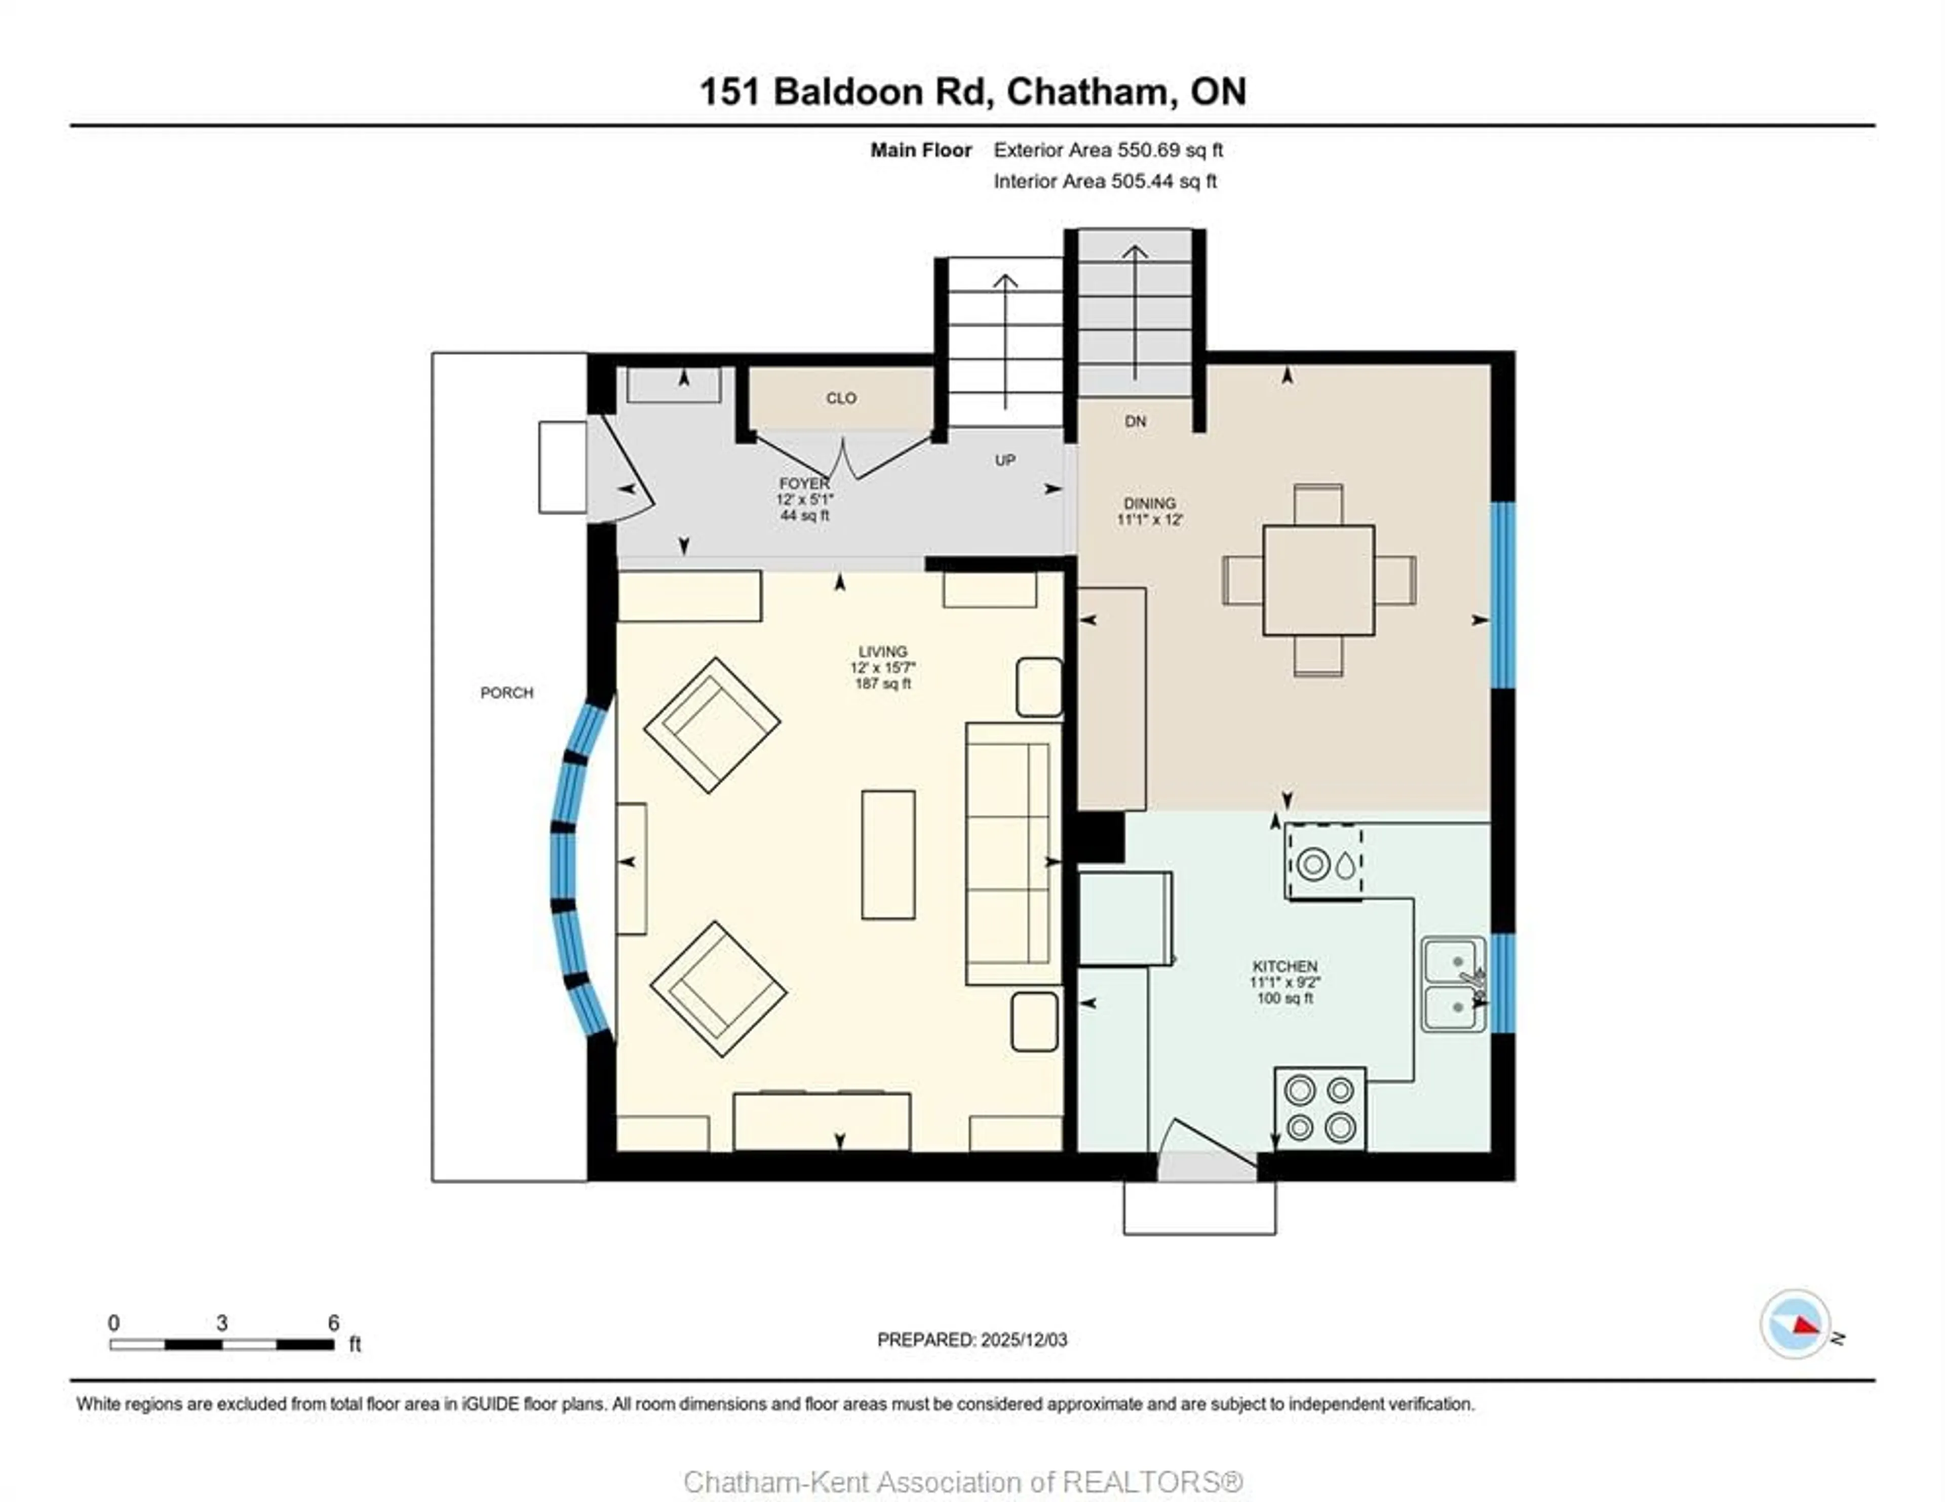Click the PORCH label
coord(507,693)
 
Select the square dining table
coord(1318,581)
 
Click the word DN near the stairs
coord(1136,421)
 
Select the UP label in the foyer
coord(1004,460)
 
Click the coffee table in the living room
coord(888,855)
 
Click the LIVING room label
coord(882,652)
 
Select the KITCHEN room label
coord(1284,966)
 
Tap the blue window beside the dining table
coord(1502,595)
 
